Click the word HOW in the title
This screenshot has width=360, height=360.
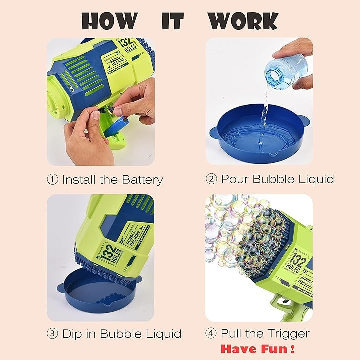[x=109, y=21]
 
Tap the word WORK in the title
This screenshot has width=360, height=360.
[x=243, y=21]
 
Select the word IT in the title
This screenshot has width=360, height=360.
[x=173, y=21]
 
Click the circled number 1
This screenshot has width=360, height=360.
[x=53, y=179]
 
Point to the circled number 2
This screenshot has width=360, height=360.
[x=211, y=179]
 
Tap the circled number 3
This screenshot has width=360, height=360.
[x=52, y=333]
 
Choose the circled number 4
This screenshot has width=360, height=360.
[x=211, y=333]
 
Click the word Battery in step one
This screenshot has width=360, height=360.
[x=142, y=180]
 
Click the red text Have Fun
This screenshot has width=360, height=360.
[x=258, y=349]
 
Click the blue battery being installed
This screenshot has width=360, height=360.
[x=115, y=126]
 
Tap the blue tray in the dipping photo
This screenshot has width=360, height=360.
[x=99, y=290]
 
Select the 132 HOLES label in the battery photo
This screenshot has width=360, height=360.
[x=127, y=45]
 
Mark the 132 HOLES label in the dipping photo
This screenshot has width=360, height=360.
[x=110, y=254]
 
